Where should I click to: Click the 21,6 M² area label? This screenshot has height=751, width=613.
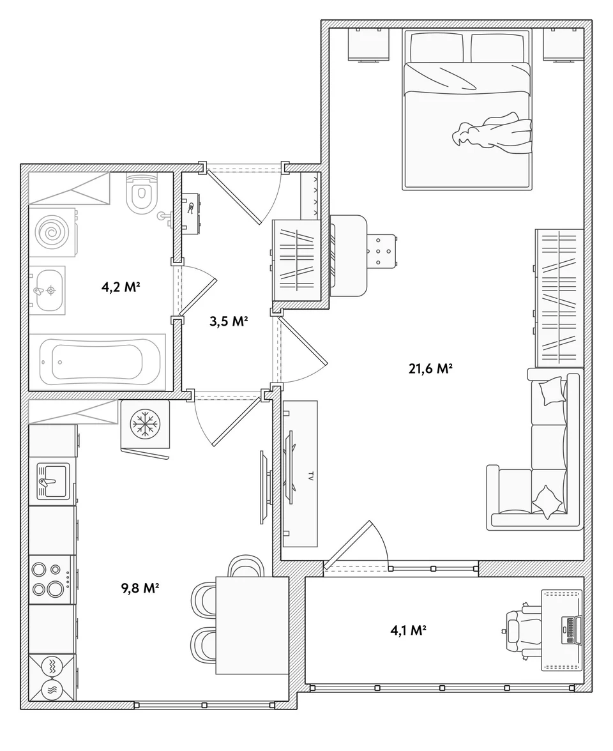click(x=430, y=369)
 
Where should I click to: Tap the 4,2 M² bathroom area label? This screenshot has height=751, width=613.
click(x=120, y=287)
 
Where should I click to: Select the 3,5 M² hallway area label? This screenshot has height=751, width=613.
click(x=229, y=321)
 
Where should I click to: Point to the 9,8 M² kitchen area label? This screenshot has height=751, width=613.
click(x=140, y=588)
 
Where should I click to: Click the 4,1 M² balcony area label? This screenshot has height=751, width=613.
click(x=409, y=630)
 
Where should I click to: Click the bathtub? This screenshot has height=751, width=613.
click(x=98, y=361)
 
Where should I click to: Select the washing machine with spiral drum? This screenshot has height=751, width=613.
click(x=52, y=232)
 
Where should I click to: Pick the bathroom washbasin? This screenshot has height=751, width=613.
click(x=47, y=290)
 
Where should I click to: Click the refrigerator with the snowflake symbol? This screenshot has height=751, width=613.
click(x=145, y=424)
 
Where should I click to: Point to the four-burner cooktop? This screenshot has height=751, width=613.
click(x=52, y=580)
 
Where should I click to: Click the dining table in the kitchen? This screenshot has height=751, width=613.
click(x=252, y=626)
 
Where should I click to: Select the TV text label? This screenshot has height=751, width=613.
click(x=310, y=476)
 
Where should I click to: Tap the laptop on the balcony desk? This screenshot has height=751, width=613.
click(x=570, y=630)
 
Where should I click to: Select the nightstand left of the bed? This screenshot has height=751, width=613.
click(x=368, y=45)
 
